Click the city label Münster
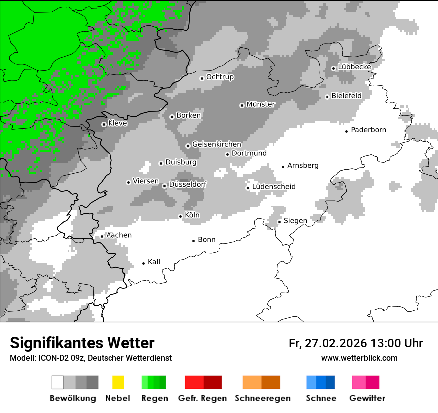click(x=261, y=104)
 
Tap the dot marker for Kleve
click(x=104, y=124)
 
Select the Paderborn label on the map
click(x=368, y=130)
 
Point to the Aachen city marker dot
click(x=102, y=236)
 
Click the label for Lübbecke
click(x=354, y=67)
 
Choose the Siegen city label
click(x=295, y=221)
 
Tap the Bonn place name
click(x=207, y=240)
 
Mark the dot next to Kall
click(x=144, y=263)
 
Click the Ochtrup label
click(x=220, y=77)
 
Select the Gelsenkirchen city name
click(x=217, y=145)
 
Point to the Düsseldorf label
click(x=188, y=185)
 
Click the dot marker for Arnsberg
click(x=283, y=166)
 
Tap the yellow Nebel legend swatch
click(x=118, y=382)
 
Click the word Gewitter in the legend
click(x=367, y=398)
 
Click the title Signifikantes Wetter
click(x=82, y=343)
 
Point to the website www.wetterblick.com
click(x=359, y=358)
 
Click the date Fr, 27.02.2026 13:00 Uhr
click(x=355, y=343)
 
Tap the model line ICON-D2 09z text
click(x=91, y=358)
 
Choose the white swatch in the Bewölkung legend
click(x=58, y=382)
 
